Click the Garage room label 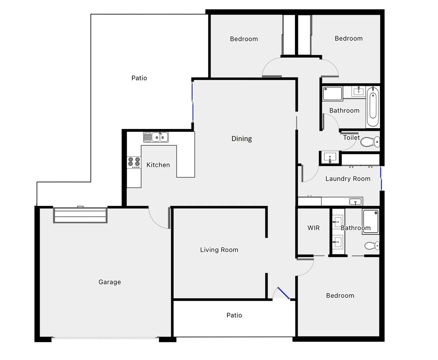(110, 282)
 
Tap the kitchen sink (156, 137)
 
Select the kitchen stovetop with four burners (134, 162)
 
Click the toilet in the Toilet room (370, 142)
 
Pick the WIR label (314, 228)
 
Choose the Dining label (242, 139)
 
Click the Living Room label (219, 250)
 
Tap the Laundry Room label (348, 179)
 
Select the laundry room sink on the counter (355, 201)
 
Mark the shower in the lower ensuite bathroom (370, 221)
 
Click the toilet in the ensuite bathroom (371, 246)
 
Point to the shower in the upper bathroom (333, 93)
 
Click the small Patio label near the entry (234, 315)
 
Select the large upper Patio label (139, 78)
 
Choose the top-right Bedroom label (349, 39)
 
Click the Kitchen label (158, 165)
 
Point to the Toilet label (351, 138)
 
